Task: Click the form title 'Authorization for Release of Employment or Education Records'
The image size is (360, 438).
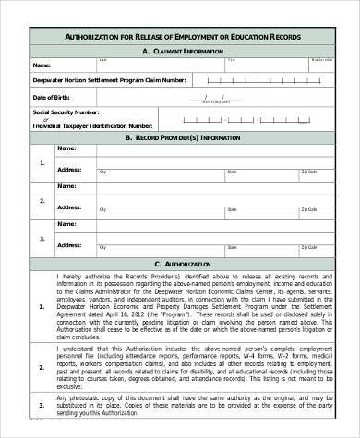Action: pos(183,36)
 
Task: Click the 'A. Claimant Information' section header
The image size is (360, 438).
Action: pos(183,52)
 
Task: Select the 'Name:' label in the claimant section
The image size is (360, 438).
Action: pos(42,66)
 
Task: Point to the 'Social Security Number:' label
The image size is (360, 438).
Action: pos(66,112)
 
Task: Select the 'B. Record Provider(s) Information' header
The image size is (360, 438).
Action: pos(183,136)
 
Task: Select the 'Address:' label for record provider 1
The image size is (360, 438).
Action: pos(70,169)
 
